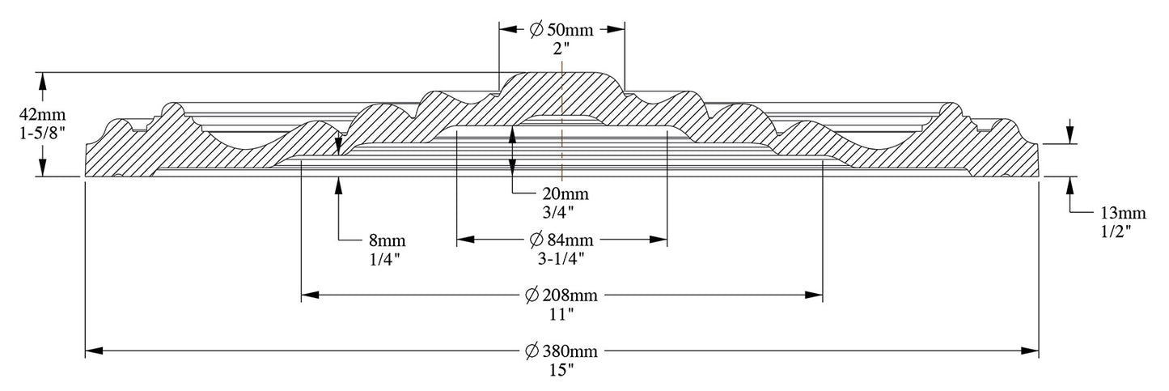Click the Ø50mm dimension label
[x=561, y=30]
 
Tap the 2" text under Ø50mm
[x=562, y=48]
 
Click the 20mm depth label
[x=566, y=194]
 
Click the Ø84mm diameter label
[x=561, y=240]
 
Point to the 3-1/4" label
[x=562, y=258]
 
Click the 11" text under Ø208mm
[x=562, y=312]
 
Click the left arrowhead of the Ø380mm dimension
[x=93, y=351]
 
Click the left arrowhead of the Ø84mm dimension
[x=464, y=240]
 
